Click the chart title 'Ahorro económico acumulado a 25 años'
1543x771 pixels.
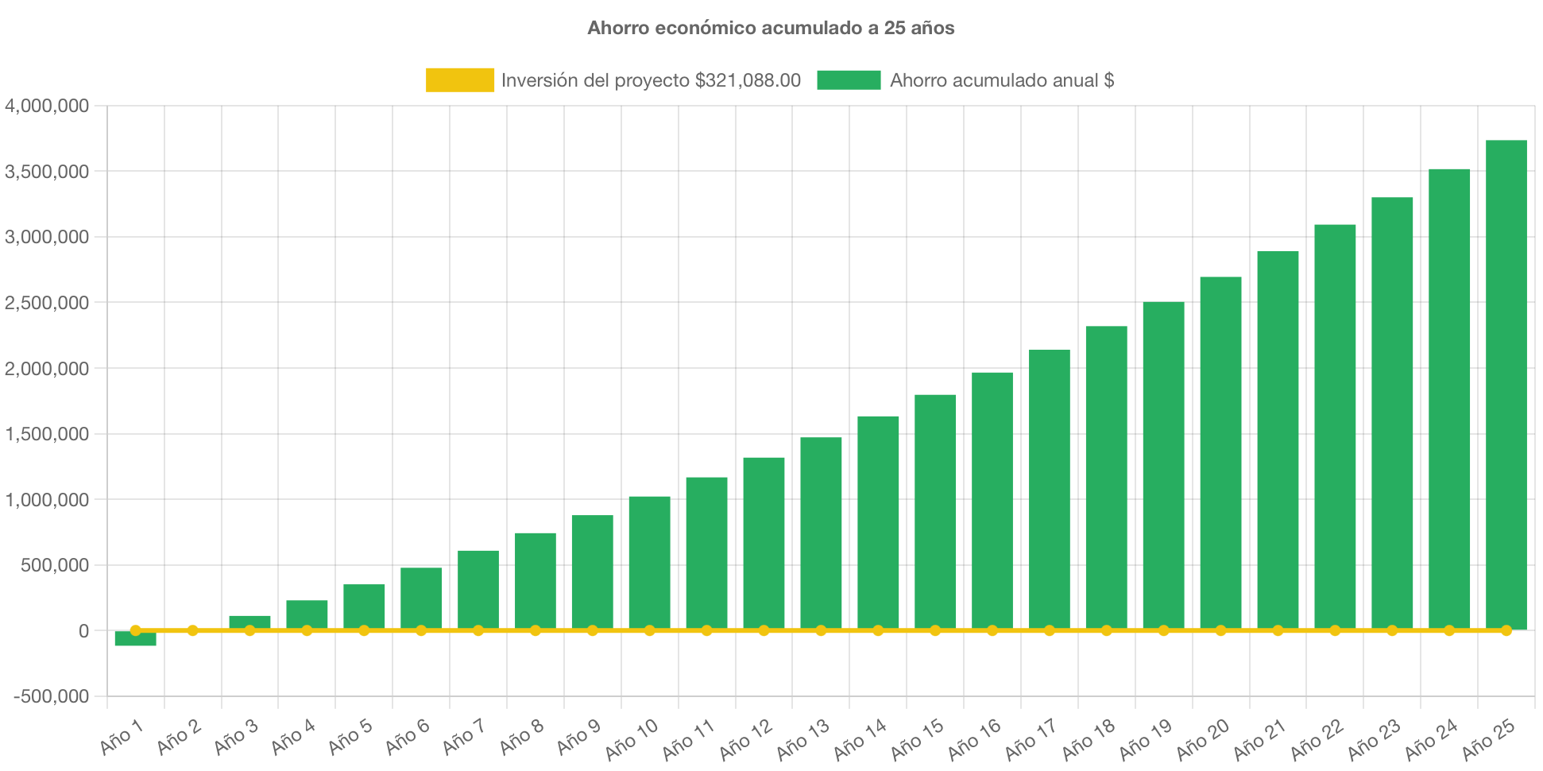pos(771,28)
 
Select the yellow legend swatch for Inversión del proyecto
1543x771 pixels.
pos(459,80)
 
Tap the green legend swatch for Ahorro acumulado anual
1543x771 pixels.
pos(849,80)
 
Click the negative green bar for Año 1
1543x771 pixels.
pos(135,639)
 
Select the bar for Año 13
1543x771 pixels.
pos(821,533)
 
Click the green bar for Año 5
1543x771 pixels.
pos(364,606)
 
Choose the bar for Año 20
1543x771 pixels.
pos(1220,453)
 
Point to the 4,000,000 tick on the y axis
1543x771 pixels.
pos(47,106)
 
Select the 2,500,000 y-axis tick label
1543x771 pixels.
pos(47,303)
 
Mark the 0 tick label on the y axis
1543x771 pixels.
pos(83,631)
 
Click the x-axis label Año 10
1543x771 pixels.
pos(632,739)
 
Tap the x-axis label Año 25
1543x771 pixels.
pos(1489,739)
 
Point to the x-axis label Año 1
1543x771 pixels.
pos(122,737)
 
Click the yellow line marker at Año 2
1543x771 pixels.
pos(192,630)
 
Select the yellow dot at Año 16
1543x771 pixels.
pos(992,630)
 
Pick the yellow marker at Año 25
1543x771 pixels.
pos(1506,630)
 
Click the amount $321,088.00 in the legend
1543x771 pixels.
pos(748,80)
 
